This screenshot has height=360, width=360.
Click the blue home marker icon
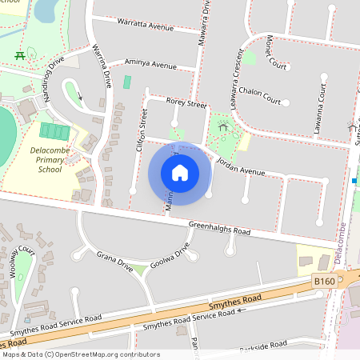(x=180, y=173)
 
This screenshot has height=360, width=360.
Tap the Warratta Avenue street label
(x=145, y=26)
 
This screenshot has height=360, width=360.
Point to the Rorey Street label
(x=186, y=104)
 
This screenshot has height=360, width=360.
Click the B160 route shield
(x=323, y=282)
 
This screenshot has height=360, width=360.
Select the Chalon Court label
(x=257, y=92)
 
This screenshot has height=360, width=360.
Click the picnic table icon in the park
(x=18, y=54)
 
